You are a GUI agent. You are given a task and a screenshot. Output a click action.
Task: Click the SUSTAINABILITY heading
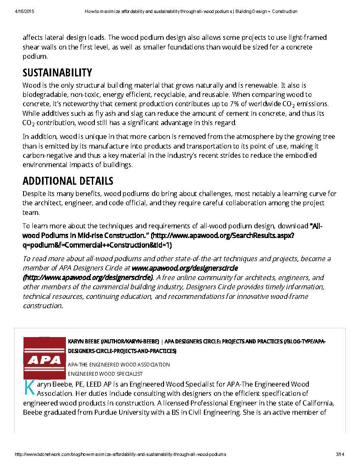click(57, 73)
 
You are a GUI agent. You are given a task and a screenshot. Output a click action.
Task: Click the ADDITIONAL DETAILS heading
click(68, 181)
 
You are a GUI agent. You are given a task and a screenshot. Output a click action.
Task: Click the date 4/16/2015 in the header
click(24, 11)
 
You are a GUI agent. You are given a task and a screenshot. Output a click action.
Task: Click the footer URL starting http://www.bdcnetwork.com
click(120, 454)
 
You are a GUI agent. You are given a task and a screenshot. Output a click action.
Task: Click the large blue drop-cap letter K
click(29, 387)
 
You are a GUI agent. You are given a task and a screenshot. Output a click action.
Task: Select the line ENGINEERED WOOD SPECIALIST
click(105, 374)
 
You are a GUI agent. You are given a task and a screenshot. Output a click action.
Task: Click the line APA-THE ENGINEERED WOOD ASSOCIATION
click(119, 364)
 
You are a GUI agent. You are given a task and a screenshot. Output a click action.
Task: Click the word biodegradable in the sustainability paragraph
click(43, 94)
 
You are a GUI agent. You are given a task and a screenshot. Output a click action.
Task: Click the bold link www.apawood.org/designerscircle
click(185, 268)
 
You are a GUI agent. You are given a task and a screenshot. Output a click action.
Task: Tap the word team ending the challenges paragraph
click(31, 212)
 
